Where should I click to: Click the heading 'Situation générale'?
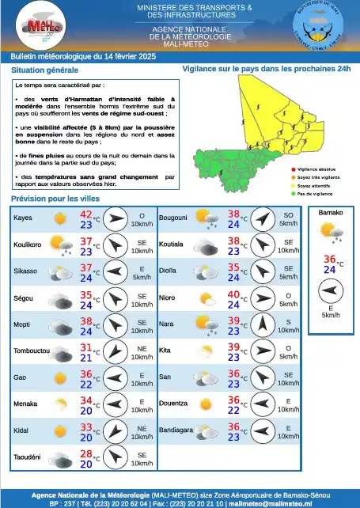(x=40, y=70)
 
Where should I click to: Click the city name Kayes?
(x=23, y=217)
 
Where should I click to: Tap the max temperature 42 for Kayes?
(x=85, y=214)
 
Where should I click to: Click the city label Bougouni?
(x=172, y=217)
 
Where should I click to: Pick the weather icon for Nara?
(x=205, y=324)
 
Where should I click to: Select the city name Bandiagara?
(x=176, y=430)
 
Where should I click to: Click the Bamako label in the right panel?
(x=330, y=214)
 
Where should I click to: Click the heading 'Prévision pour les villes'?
(x=55, y=199)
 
